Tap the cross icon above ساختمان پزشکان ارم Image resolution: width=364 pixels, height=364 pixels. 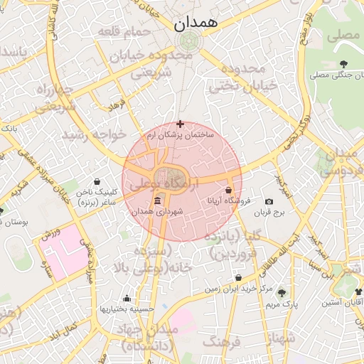coord(180,124)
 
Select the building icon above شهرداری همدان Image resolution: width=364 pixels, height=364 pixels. coord(157,202)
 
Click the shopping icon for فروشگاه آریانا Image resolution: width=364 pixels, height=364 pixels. coord(228,191)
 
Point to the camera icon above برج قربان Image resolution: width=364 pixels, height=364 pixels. coord(269,201)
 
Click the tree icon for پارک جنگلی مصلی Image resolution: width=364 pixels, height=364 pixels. coord(344,65)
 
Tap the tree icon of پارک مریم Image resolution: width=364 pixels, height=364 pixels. coord(282,293)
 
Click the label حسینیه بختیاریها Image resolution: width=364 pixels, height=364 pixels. coord(127,309)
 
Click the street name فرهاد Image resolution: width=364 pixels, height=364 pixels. coord(117,105)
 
